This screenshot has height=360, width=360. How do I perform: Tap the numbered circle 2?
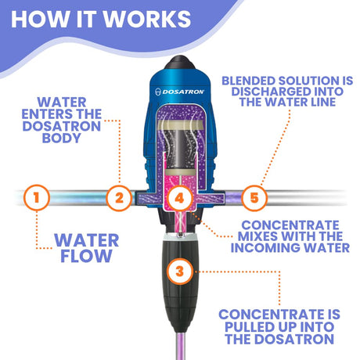[x=118, y=197]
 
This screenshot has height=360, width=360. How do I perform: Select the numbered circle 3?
[x=180, y=271]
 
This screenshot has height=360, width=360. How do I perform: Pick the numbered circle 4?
[x=179, y=197]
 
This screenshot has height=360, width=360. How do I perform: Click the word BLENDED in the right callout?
[x=255, y=81]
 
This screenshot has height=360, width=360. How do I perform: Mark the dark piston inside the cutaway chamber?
[x=180, y=149]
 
